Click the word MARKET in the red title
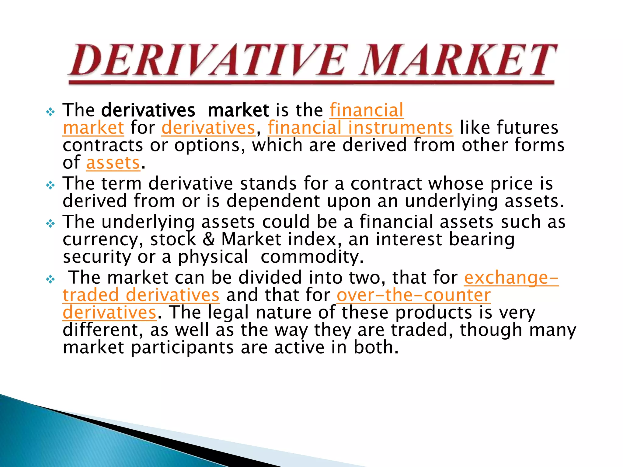point(458,60)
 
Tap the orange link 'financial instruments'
point(360,128)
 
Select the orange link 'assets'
point(113,163)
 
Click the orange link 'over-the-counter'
point(414,295)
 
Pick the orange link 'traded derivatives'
point(141,295)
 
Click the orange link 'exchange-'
point(511,278)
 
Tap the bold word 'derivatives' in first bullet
point(148,110)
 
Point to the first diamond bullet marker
point(50,112)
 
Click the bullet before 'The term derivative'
point(50,185)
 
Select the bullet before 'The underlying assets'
point(50,224)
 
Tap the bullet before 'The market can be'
point(50,279)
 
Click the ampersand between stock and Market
point(209,239)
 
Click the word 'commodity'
point(312,257)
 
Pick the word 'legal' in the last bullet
point(228,313)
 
